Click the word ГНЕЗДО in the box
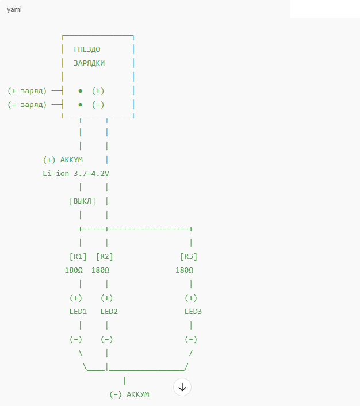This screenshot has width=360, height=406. click(x=87, y=49)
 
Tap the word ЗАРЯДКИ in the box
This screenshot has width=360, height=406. click(x=89, y=63)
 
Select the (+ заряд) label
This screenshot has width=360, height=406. click(x=27, y=91)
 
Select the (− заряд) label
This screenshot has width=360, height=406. click(x=27, y=105)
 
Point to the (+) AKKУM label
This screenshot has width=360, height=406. click(x=63, y=159)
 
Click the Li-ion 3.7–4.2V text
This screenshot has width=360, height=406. click(x=76, y=173)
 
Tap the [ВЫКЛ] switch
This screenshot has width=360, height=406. click(x=82, y=201)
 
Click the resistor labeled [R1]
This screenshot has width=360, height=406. click(x=78, y=256)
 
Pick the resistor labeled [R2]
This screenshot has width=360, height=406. click(x=105, y=256)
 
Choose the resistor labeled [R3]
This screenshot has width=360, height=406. click(x=189, y=256)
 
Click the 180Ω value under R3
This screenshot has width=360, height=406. click(x=185, y=270)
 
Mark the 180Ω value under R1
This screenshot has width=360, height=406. click(x=74, y=270)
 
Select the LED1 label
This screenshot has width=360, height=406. click(x=78, y=311)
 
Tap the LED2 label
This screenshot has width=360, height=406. click(x=109, y=311)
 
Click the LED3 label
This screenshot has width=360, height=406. click(x=193, y=311)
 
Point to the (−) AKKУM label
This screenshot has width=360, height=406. click(x=129, y=394)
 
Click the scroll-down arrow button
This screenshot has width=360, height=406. click(x=182, y=387)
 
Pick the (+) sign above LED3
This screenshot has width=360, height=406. click(x=191, y=298)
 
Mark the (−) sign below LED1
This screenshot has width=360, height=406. click(x=76, y=339)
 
